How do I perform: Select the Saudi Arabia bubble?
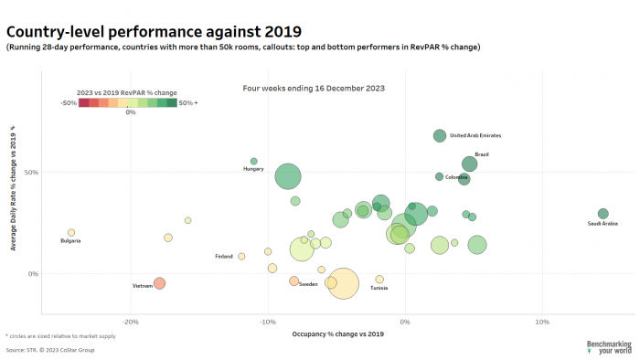click(x=603, y=214)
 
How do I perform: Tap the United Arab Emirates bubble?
click(x=440, y=136)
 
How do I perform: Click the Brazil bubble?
click(x=469, y=164)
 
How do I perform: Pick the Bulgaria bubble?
click(x=71, y=233)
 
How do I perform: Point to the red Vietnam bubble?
click(x=159, y=283)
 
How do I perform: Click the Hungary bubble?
click(x=254, y=161)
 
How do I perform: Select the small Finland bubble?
click(x=241, y=257)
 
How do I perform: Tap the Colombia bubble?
click(x=439, y=176)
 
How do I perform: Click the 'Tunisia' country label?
click(x=379, y=289)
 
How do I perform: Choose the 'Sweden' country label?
click(x=308, y=284)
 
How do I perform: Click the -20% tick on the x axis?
click(x=130, y=322)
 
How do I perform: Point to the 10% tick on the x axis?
click(x=541, y=322)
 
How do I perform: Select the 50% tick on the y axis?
click(x=31, y=172)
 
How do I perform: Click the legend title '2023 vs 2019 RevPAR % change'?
click(x=128, y=92)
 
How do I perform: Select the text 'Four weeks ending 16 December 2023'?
click(x=313, y=89)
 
